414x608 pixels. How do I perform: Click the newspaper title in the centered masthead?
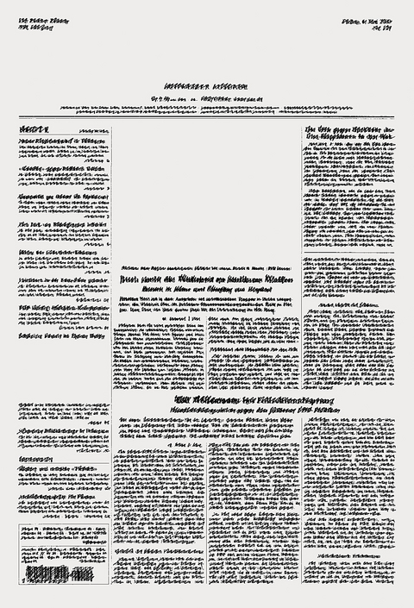[207, 89]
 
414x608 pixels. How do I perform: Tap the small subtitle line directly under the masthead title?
[207, 101]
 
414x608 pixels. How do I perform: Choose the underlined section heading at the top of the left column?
[34, 128]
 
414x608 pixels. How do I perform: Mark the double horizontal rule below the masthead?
[207, 117]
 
